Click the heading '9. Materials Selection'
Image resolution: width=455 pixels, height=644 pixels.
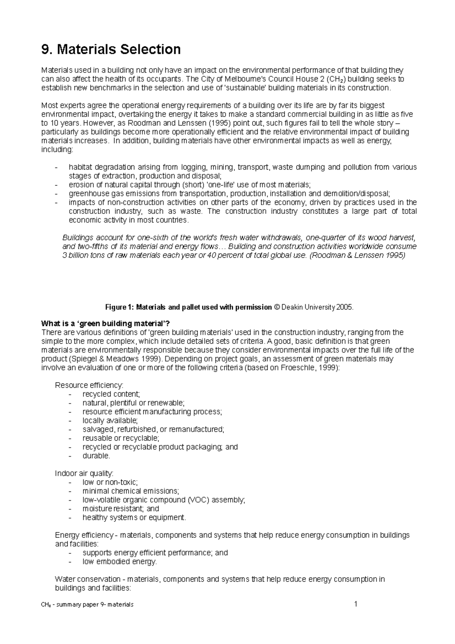click(111, 49)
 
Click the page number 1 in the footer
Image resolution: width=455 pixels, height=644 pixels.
click(356, 604)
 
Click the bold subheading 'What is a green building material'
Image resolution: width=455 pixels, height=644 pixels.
click(106, 324)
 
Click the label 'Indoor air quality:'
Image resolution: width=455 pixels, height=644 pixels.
click(84, 473)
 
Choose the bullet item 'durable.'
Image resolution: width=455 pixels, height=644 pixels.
click(96, 456)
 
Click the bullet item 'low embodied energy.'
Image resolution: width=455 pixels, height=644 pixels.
click(119, 562)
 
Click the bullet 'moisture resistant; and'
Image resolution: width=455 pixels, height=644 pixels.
click(121, 509)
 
